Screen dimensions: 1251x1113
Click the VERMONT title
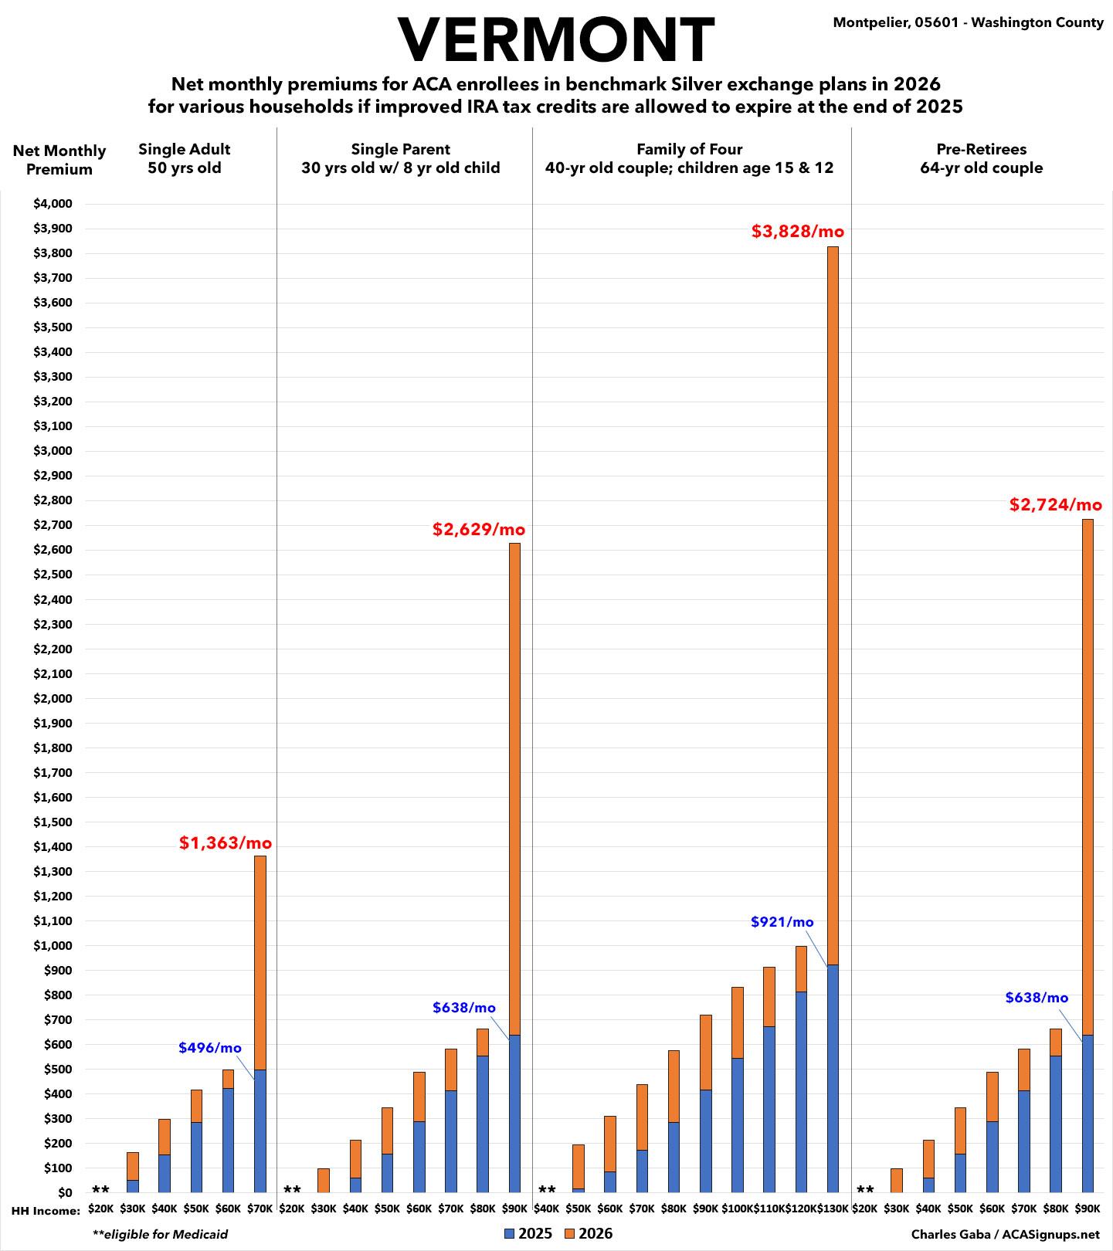(556, 40)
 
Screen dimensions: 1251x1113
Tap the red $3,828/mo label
(797, 231)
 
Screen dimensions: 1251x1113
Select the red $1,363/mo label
(226, 842)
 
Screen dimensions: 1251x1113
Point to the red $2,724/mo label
(1055, 505)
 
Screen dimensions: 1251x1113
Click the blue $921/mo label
(782, 922)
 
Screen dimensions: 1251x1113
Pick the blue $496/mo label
(210, 1048)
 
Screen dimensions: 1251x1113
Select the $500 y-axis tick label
(57, 1070)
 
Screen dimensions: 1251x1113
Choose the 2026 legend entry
(589, 1233)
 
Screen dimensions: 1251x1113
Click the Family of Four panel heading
(689, 158)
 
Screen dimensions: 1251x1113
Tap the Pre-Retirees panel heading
(981, 158)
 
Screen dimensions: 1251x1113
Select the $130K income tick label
(833, 1209)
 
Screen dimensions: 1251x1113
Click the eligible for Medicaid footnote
(160, 1234)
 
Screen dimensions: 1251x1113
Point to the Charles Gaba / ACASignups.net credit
(1005, 1234)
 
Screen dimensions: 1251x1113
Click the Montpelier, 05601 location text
(968, 22)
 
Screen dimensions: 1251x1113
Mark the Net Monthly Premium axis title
(59, 160)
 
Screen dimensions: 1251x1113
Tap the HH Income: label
(46, 1210)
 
